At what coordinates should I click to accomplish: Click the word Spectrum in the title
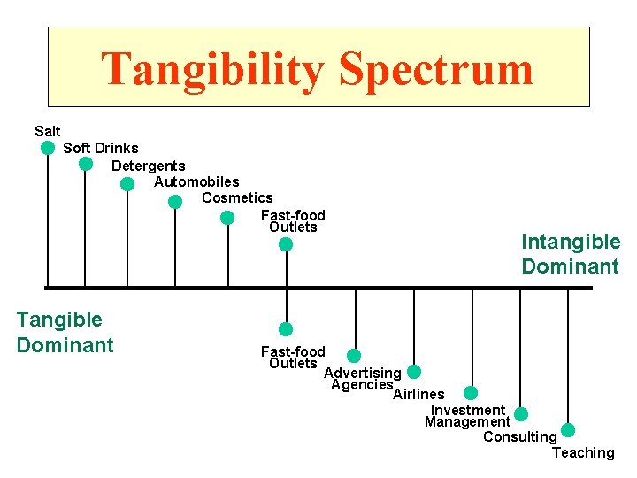tap(436, 71)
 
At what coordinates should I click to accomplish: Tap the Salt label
tap(48, 131)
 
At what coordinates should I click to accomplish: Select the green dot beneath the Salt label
tap(48, 148)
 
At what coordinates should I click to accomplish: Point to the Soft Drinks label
tap(100, 148)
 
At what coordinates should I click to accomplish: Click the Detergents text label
tap(148, 166)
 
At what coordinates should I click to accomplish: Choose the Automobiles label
tap(196, 181)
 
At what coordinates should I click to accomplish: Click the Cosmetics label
tap(237, 197)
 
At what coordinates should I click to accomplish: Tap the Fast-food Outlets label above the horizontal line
tap(293, 221)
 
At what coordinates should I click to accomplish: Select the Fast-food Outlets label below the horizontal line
tap(293, 358)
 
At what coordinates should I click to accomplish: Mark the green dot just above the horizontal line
tap(285, 244)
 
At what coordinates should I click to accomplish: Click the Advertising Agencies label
tap(362, 379)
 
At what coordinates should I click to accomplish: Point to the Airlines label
tap(418, 394)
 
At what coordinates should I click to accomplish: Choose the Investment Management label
tap(467, 416)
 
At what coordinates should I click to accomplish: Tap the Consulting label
tap(519, 436)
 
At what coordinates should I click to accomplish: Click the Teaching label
tap(582, 453)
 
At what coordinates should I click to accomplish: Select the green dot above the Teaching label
tap(568, 430)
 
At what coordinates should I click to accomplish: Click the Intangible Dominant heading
tap(571, 254)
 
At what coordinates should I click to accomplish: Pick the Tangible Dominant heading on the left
tap(65, 332)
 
